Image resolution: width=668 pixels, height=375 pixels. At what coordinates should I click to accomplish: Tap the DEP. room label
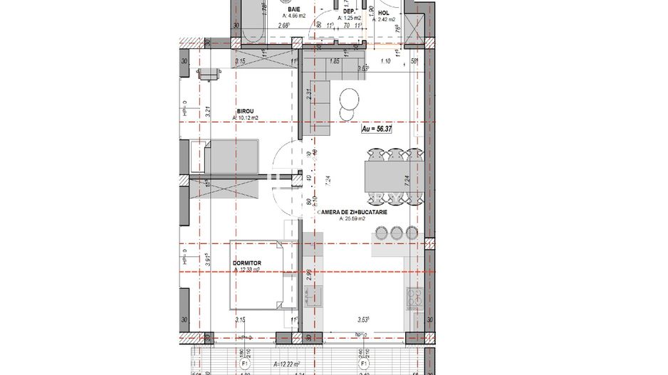coord(349,11)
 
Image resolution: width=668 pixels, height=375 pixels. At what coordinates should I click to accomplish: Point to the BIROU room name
coord(247,111)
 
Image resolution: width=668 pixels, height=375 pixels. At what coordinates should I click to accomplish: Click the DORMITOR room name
coord(247,263)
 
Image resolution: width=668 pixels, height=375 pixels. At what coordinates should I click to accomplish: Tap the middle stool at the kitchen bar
coord(396,232)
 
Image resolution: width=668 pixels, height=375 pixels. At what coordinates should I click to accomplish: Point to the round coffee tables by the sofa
coord(349,103)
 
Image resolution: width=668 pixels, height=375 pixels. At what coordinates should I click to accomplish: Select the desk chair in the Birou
coord(209,74)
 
